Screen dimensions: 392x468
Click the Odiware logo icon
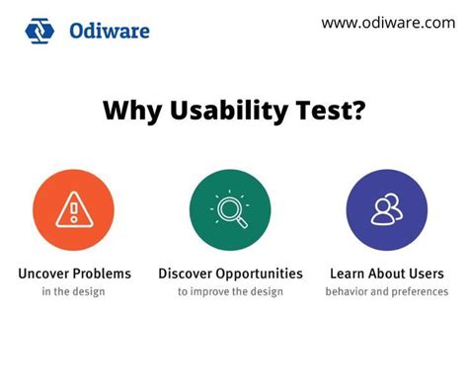click(41, 31)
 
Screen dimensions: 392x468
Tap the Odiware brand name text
click(110, 31)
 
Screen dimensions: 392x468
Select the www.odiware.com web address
click(388, 23)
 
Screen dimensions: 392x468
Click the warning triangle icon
click(73, 208)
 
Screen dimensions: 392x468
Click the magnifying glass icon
click(230, 209)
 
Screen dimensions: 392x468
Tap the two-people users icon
click(386, 209)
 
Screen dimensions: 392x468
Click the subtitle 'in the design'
click(73, 291)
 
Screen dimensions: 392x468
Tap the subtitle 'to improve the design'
click(230, 291)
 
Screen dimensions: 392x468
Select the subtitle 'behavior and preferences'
click(386, 291)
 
